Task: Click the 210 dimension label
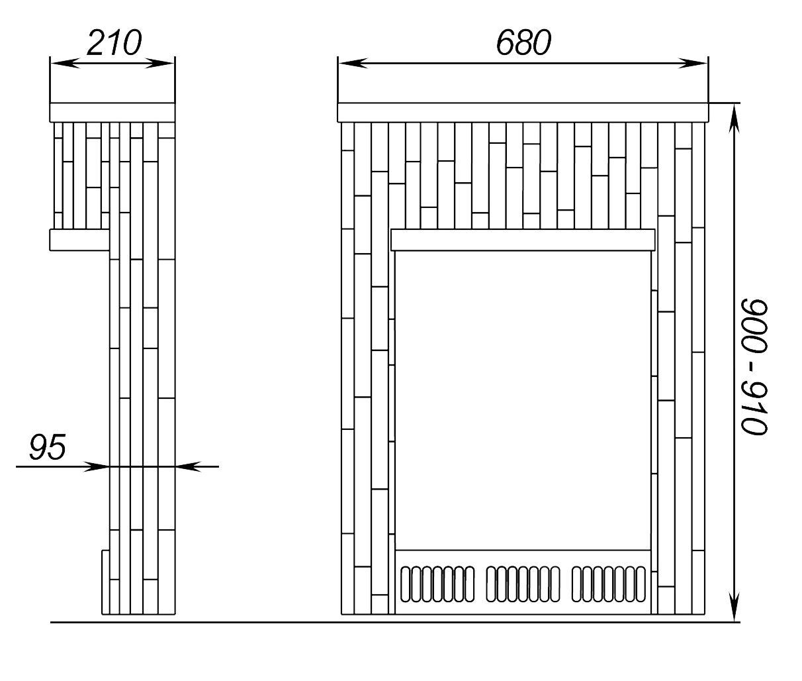[x=114, y=44]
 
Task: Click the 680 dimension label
[x=523, y=44]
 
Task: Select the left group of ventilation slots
[x=437, y=584]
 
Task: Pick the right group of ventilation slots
[x=608, y=584]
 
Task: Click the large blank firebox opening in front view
[x=523, y=397]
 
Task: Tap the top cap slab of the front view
[x=523, y=112]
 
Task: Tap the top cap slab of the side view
[x=112, y=112]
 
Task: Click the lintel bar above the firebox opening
[x=523, y=240]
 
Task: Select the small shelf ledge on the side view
[x=79, y=240]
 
